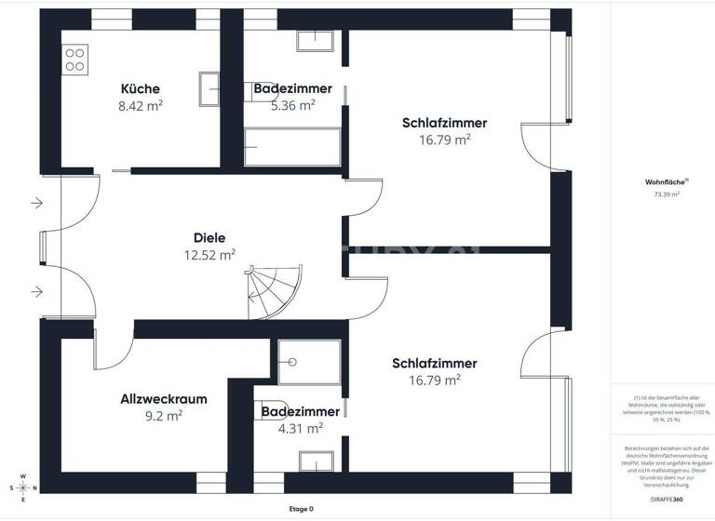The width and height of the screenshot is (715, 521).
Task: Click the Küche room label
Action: pyautogui.click(x=141, y=89)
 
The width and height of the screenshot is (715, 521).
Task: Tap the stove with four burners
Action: pyautogui.click(x=75, y=60)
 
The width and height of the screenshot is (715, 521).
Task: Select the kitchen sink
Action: pyautogui.click(x=209, y=90)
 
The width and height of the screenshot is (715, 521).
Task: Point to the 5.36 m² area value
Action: pyautogui.click(x=292, y=105)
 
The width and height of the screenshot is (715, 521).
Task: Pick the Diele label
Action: pyautogui.click(x=209, y=237)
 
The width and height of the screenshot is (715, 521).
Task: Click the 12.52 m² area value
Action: pyautogui.click(x=209, y=254)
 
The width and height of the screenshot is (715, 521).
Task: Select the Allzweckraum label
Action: pyautogui.click(x=164, y=399)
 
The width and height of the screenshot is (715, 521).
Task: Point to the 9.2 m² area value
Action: pyautogui.click(x=164, y=416)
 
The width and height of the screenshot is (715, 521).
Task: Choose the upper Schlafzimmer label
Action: pyautogui.click(x=444, y=123)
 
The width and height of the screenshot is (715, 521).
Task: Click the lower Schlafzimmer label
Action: pyautogui.click(x=435, y=363)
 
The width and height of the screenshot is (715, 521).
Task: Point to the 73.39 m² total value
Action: pyautogui.click(x=667, y=194)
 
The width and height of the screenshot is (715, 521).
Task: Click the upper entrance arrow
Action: pyautogui.click(x=35, y=202)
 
